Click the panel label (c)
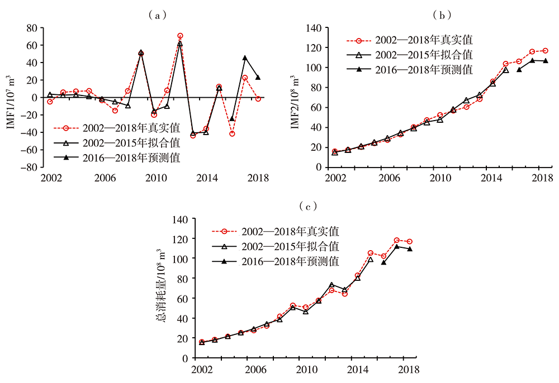[308, 207]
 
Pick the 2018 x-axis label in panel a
[258, 179]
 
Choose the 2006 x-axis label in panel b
[387, 179]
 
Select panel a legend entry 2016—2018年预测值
[122, 158]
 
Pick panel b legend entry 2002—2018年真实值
[410, 40]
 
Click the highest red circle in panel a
[180, 36]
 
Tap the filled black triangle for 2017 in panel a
[245, 58]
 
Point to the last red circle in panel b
[545, 51]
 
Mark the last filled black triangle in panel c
[410, 249]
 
